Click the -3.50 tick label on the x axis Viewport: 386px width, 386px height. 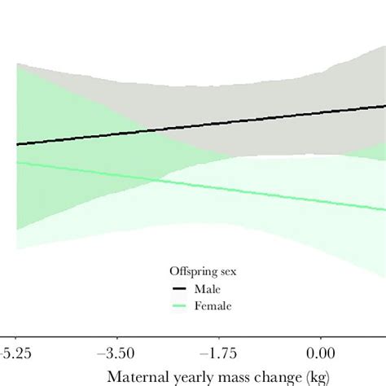(118, 355)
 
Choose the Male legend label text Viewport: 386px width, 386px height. (206, 289)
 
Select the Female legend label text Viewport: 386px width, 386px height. (212, 306)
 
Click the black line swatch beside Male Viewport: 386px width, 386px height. (178, 289)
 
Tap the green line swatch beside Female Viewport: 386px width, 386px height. (178, 306)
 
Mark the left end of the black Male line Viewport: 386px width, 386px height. (17, 144)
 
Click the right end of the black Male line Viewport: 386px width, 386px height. (384, 106)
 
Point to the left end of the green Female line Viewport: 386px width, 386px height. (17, 163)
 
